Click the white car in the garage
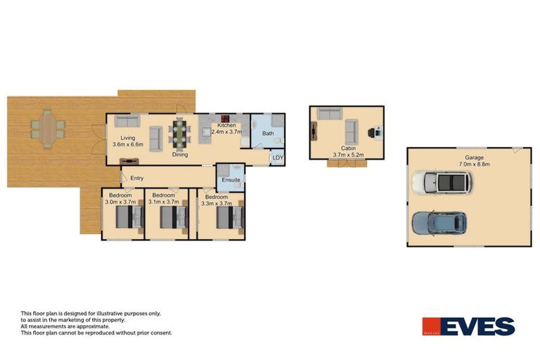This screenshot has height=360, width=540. pos(442,183)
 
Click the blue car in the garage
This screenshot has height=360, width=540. pos(439,222)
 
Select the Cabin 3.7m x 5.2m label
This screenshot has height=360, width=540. pos(348,151)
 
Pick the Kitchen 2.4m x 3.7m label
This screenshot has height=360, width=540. pos(226,129)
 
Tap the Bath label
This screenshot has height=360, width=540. pos(268,134)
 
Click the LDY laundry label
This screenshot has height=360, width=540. pos(278,158)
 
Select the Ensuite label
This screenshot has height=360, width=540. pos(231,180)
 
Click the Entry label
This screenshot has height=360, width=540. pos(136,178)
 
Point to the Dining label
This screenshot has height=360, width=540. pos(180,155)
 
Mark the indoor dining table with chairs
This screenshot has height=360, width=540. pos(181,134)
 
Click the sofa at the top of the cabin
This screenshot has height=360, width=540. pos(329,113)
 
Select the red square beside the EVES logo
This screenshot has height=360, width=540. pos(431,327)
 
